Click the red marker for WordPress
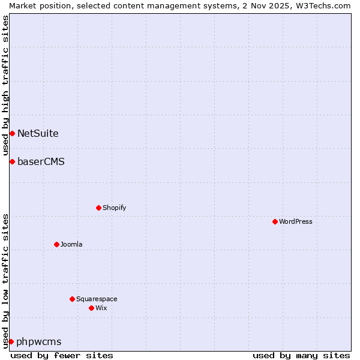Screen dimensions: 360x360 pos(275,221)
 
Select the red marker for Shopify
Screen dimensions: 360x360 pos(98,208)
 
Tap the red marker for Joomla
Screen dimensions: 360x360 pos(56,244)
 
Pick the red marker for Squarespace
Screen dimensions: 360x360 pos(72,299)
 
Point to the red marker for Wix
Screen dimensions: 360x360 pos(91,308)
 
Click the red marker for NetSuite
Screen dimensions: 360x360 pos(12,133)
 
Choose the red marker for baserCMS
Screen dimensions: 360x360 pos(12,161)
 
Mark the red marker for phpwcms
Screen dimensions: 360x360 pos(11,341)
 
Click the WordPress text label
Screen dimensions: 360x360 pos(296,221)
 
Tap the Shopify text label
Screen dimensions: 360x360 pos(114,208)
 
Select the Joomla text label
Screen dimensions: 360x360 pos(71,244)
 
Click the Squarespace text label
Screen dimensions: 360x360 pos(97,299)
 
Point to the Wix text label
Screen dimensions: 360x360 pos(101,308)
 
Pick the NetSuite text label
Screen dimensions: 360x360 pos(38,133)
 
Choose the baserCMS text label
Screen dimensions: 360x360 pos(41,161)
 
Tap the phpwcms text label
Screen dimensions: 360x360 pos(39,341)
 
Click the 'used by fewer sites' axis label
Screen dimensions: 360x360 pos(62,355)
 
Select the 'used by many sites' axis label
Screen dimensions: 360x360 pos(301,355)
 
